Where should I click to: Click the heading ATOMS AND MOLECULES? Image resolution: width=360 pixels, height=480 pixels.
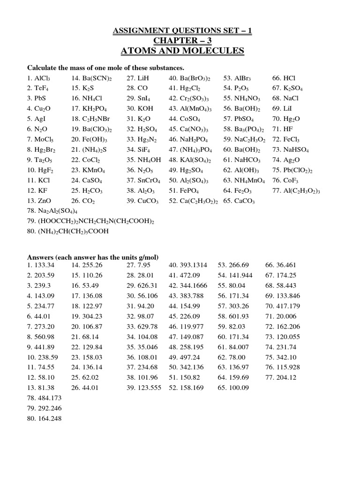182,51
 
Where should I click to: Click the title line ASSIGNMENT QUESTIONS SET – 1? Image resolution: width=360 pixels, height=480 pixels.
182,31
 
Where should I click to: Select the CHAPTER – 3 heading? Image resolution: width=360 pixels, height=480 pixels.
182,41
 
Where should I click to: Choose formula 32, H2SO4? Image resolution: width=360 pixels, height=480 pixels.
142,129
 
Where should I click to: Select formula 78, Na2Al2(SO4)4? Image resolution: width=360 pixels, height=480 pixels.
52,211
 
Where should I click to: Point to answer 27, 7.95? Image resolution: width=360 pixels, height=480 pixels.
139,265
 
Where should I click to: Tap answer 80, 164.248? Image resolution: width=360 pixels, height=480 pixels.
44,419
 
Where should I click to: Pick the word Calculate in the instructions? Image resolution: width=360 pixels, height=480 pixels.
43,67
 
